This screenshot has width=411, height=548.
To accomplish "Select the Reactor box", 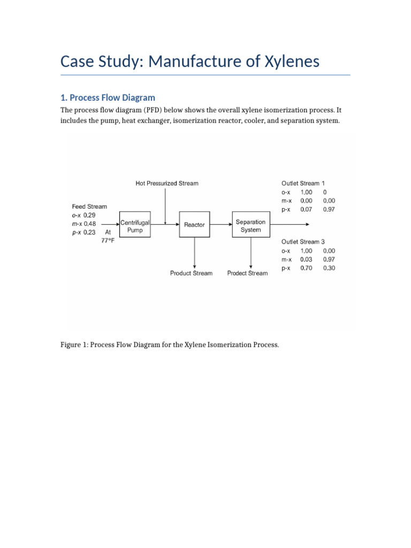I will [x=194, y=225].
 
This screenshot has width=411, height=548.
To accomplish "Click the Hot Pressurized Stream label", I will [x=166, y=183].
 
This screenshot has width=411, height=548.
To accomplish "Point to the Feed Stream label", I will [x=89, y=206].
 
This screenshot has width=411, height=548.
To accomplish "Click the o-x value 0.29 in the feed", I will [x=89, y=215].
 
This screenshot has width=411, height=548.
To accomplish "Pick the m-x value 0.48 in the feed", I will [x=90, y=224].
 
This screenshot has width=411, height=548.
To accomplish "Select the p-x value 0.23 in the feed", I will [x=89, y=232].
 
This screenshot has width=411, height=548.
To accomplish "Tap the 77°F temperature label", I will [x=108, y=241].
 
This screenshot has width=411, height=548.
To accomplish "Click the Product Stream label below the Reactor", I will [x=191, y=273].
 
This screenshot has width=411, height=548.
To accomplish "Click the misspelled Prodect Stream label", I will [x=247, y=273].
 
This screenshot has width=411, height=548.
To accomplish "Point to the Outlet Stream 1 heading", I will [x=303, y=183].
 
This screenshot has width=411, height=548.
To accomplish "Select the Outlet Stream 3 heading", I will [x=303, y=241].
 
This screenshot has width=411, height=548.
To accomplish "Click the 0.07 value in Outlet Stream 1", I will [x=306, y=209].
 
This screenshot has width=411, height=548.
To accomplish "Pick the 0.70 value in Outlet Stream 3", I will [x=306, y=268].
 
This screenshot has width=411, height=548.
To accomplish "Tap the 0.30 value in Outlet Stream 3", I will [x=329, y=268].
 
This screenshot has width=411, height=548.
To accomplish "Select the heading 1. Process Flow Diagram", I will [x=108, y=97].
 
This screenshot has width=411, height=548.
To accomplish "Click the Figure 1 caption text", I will [x=170, y=345].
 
